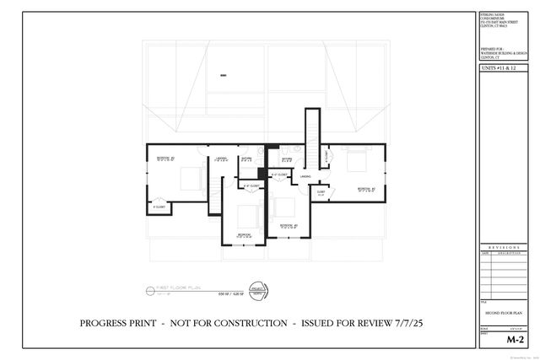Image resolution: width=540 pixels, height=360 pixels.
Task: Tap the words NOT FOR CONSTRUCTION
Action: click(222, 323)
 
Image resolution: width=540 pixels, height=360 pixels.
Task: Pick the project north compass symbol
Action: click(251, 290)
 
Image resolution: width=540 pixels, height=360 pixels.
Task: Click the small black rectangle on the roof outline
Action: click(224, 76)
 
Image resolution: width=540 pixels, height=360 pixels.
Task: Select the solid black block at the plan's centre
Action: click(262, 173)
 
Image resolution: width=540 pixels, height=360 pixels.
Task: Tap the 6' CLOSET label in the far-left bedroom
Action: click(159, 206)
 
